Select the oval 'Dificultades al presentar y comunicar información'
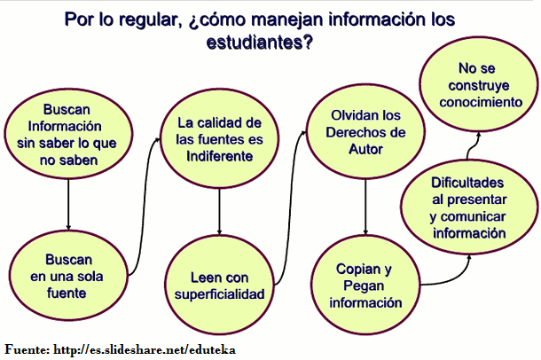470,206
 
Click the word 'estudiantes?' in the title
261,41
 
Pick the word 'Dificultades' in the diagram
470,181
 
